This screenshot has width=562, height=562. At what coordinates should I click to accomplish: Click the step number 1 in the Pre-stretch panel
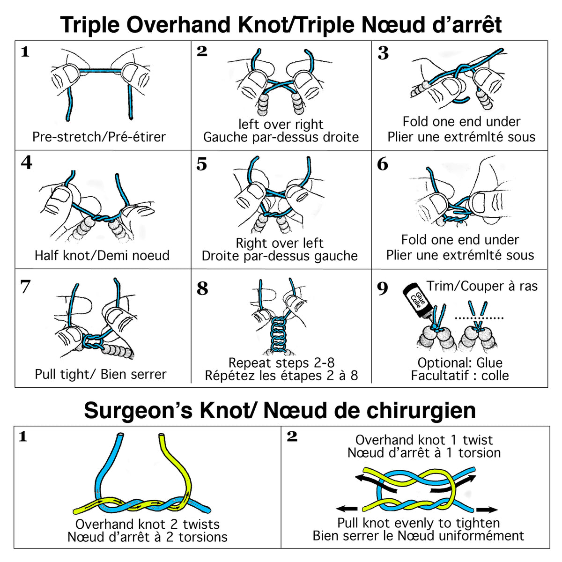(x=25, y=52)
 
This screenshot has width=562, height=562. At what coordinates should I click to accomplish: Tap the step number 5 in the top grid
(x=201, y=164)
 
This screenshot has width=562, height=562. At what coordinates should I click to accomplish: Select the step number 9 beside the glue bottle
(x=382, y=288)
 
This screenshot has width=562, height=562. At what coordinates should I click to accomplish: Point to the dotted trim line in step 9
(x=479, y=318)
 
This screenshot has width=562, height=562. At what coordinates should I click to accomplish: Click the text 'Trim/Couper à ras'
(x=482, y=286)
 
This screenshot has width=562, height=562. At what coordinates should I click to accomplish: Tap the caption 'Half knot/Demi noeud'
(x=102, y=256)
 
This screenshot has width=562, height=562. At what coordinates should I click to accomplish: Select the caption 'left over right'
(x=281, y=125)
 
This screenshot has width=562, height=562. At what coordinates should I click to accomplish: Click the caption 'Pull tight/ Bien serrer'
(x=101, y=375)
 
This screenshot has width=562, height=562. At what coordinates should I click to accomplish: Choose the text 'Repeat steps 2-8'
(x=281, y=363)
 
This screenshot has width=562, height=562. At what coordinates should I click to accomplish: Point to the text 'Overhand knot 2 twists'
(x=148, y=525)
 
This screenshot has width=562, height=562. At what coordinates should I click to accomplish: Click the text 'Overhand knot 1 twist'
(x=424, y=440)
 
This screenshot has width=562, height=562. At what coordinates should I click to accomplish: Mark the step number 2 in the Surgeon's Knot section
(x=292, y=436)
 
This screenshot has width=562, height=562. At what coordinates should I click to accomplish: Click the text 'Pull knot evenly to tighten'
(x=419, y=523)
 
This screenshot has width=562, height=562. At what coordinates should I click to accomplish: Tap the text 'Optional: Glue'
(x=460, y=363)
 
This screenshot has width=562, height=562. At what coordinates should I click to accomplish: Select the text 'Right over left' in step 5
(x=280, y=244)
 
